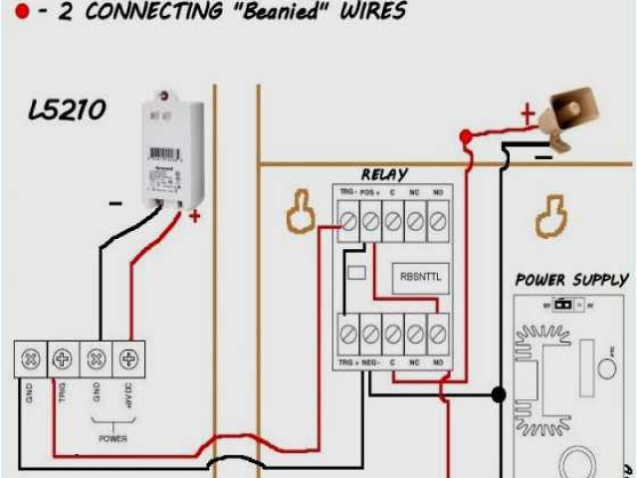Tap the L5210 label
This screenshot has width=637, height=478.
(66, 109)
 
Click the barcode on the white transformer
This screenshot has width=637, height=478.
(164, 155)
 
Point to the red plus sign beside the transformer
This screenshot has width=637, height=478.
(194, 215)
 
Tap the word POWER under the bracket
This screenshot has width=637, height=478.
(111, 436)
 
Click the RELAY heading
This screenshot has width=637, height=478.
(384, 175)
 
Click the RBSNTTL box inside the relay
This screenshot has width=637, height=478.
(419, 277)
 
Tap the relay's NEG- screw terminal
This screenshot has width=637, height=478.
(370, 335)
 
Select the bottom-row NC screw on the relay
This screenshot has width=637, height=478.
(415, 335)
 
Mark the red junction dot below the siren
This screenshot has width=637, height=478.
(464, 135)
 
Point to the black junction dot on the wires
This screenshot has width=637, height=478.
(499, 395)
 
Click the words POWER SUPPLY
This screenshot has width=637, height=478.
(570, 280)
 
